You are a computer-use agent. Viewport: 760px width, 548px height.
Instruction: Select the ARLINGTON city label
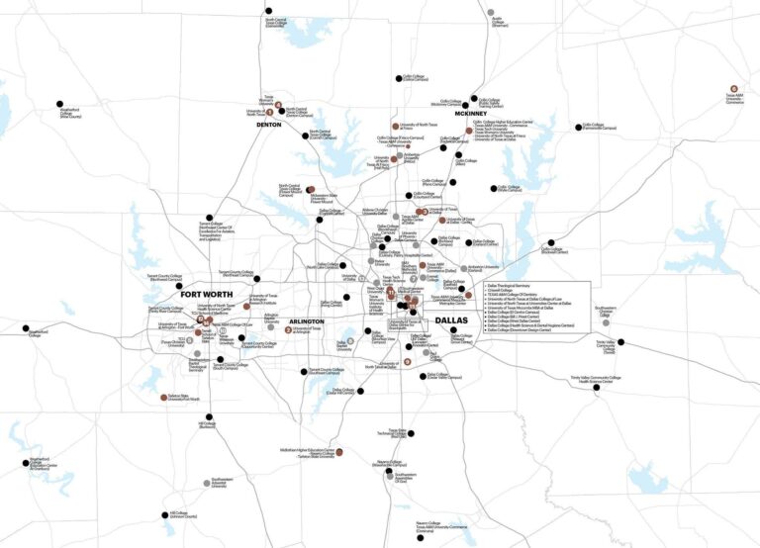[x=306, y=321]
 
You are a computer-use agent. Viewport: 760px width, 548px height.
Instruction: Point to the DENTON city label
[x=269, y=126]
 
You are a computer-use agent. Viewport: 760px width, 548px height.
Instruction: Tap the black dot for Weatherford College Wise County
[x=57, y=104]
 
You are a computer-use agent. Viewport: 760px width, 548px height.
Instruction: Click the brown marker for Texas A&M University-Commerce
[x=732, y=89]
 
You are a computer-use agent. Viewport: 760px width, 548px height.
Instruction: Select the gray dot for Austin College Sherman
[x=491, y=12]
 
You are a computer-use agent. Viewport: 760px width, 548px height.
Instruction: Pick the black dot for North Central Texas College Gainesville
[x=269, y=13]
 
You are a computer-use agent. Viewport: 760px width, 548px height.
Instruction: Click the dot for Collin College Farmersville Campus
[x=577, y=126]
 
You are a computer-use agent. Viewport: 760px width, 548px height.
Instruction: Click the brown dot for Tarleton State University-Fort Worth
[x=164, y=397]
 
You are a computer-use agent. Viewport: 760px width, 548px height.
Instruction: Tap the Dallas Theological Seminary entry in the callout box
[x=515, y=286]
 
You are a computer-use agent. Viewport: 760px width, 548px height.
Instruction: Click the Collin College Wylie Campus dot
[x=493, y=187]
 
